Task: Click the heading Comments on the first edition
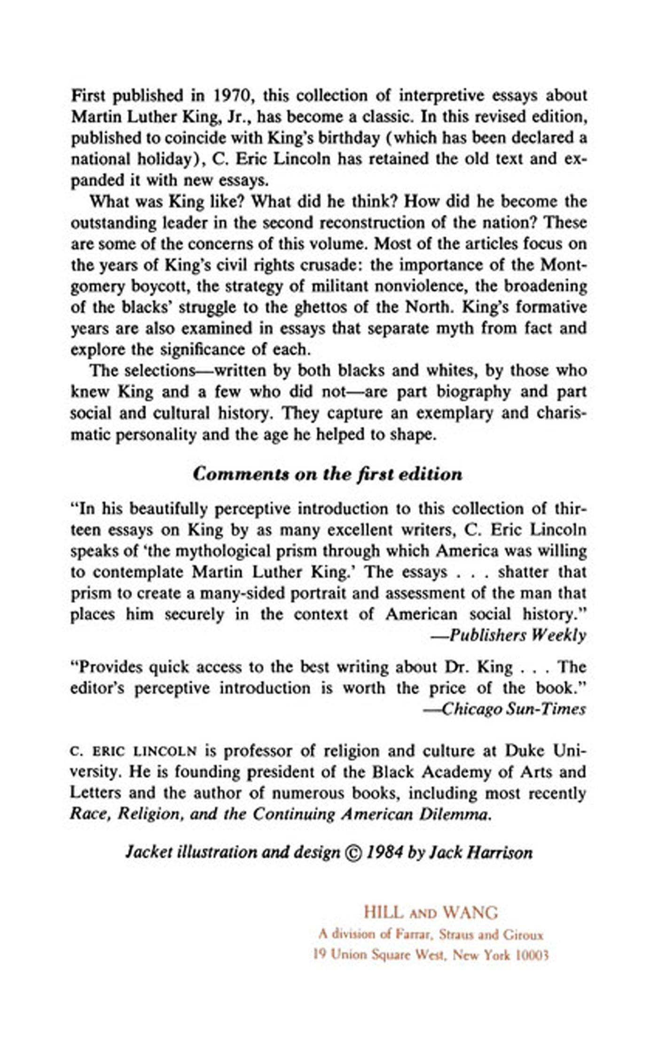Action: (x=328, y=474)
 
